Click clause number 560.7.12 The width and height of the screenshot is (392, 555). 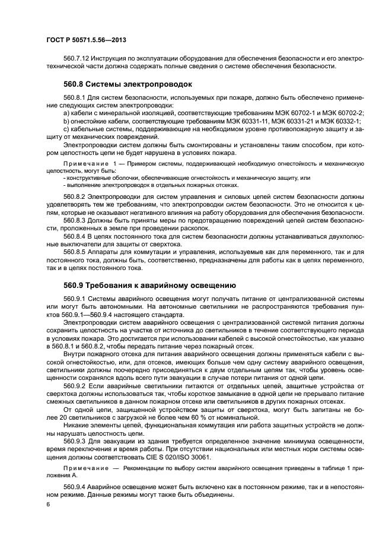(x=77, y=58)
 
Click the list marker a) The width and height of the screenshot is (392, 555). (x=66, y=113)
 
